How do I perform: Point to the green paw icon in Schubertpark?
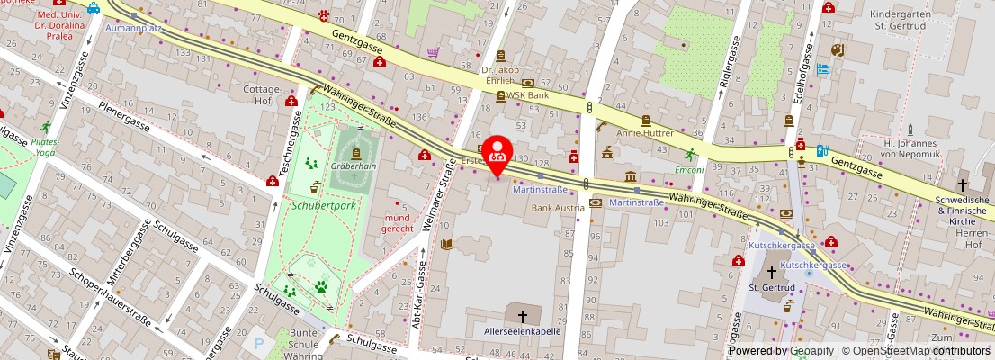click(x=321, y=287)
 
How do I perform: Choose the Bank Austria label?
click(x=557, y=208)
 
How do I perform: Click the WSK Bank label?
click(x=527, y=94)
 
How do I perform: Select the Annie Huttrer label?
click(x=644, y=131)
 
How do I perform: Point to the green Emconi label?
click(x=689, y=169)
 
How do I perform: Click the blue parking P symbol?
click(x=260, y=344)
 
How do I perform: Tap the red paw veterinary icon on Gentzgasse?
click(x=323, y=15)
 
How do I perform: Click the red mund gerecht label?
click(x=398, y=222)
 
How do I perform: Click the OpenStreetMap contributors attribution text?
click(x=917, y=351)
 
